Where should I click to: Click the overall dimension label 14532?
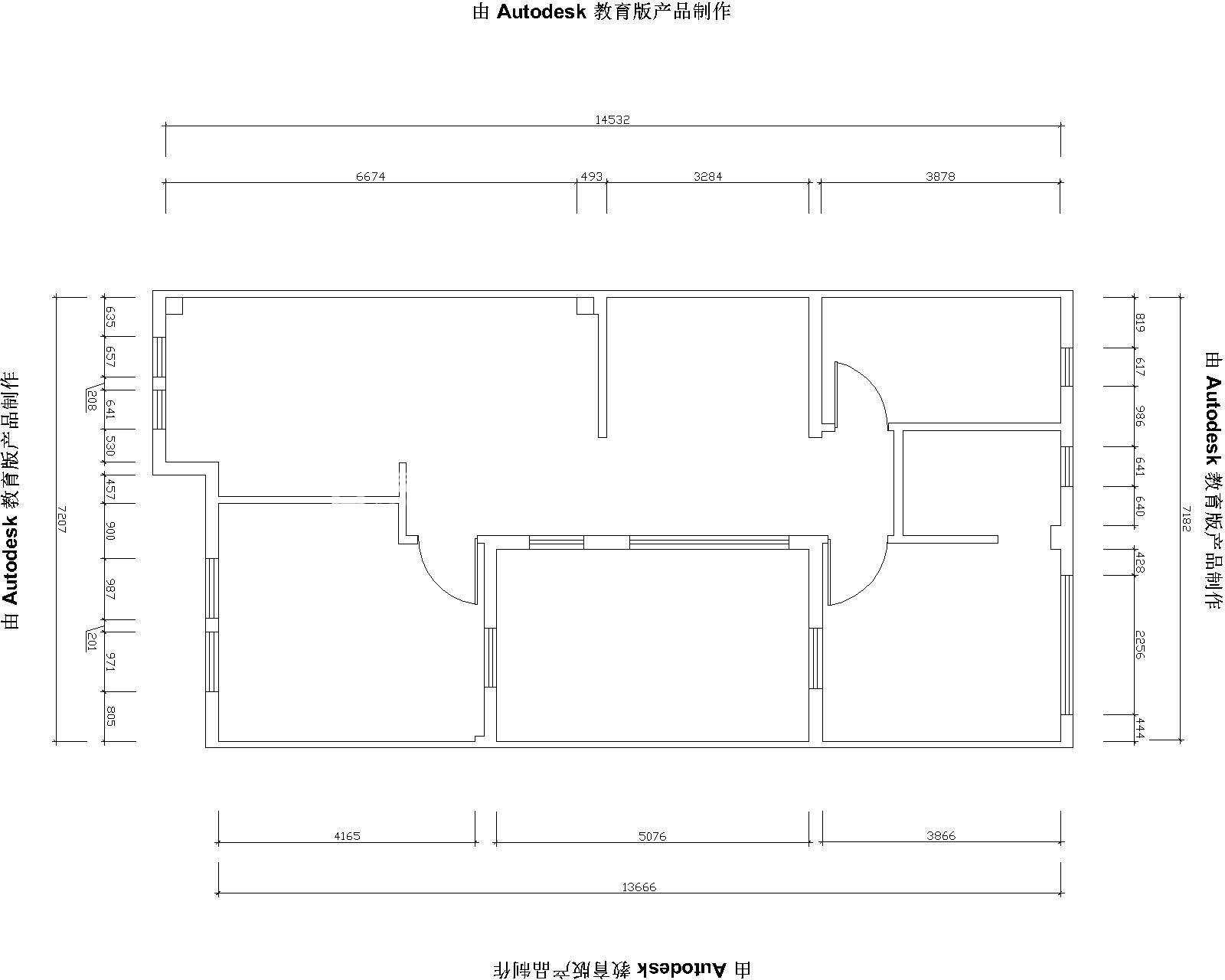pyautogui.click(x=612, y=119)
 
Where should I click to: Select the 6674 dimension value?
pyautogui.click(x=371, y=177)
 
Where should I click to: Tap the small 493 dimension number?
pyautogui.click(x=591, y=177)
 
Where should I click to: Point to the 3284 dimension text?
pyautogui.click(x=707, y=177)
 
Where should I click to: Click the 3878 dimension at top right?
pyautogui.click(x=940, y=177)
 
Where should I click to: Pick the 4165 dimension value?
pyautogui.click(x=348, y=836)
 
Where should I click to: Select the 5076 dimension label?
pyautogui.click(x=652, y=836)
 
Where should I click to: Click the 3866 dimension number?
pyautogui.click(x=941, y=835)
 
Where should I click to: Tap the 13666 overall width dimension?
pyautogui.click(x=639, y=887)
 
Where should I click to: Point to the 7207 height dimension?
pyautogui.click(x=62, y=519)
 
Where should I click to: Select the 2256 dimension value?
pyautogui.click(x=1139, y=645)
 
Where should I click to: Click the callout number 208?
pyautogui.click(x=92, y=400)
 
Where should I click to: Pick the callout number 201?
pyautogui.click(x=92, y=641)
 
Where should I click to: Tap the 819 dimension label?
pyautogui.click(x=1139, y=322)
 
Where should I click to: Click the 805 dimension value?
pyautogui.click(x=111, y=717)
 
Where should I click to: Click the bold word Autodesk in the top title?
pyautogui.click(x=541, y=11)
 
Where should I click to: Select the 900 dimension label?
pyautogui.click(x=111, y=531)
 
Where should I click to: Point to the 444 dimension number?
pyautogui.click(x=1139, y=728)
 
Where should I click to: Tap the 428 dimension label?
pyautogui.click(x=1139, y=563)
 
